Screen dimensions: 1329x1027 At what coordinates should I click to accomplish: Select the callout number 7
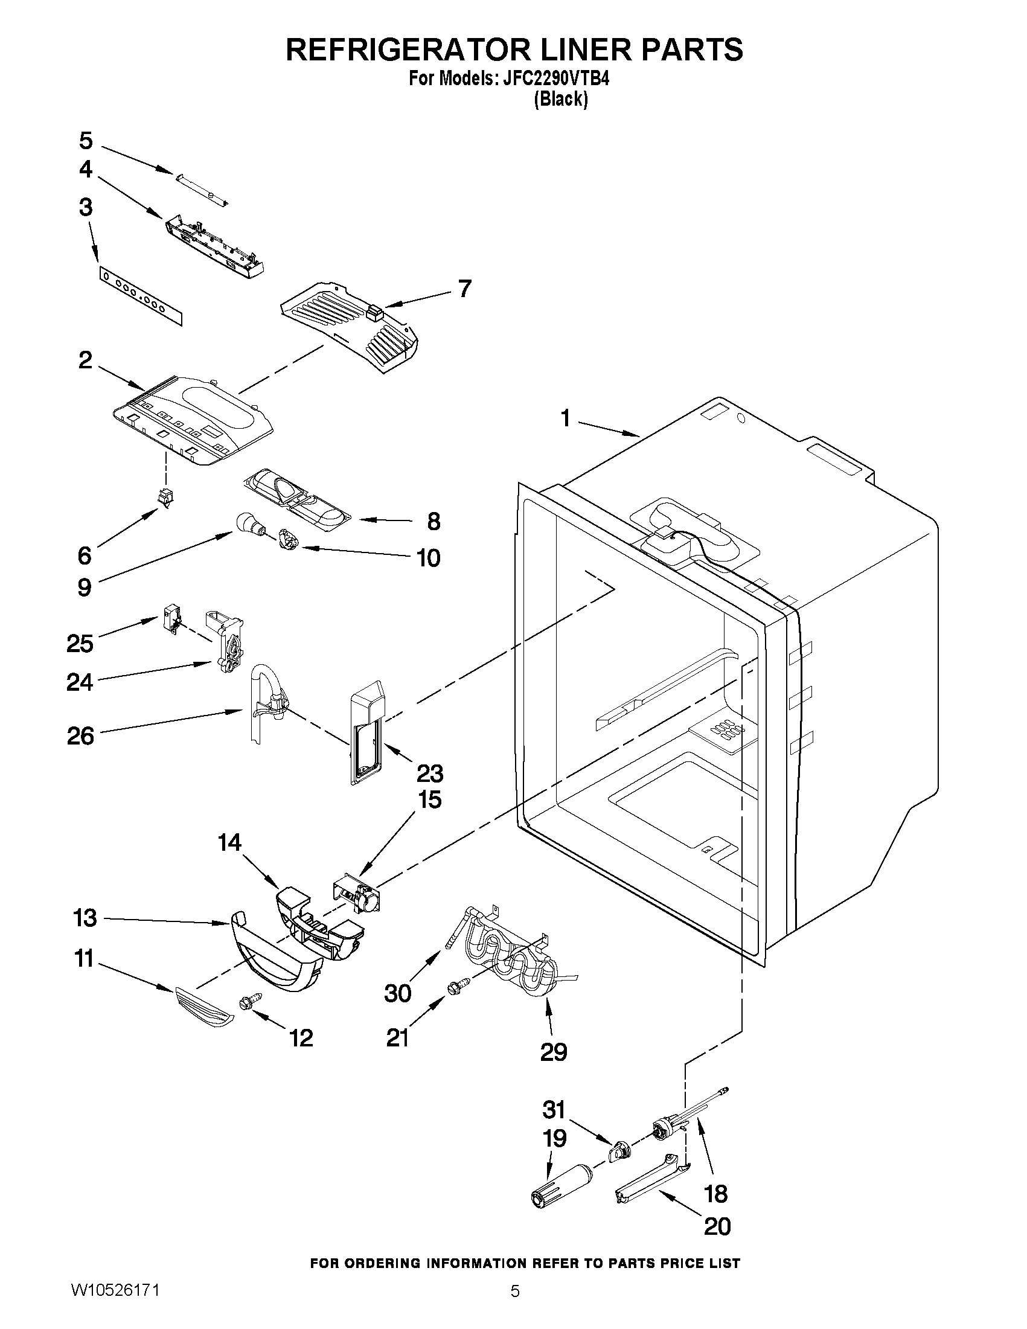[464, 288]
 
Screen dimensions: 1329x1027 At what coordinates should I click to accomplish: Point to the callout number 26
[81, 735]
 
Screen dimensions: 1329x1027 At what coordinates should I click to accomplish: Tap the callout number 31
[554, 1109]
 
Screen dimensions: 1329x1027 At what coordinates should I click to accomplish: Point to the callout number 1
[565, 418]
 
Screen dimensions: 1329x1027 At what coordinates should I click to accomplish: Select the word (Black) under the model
[560, 99]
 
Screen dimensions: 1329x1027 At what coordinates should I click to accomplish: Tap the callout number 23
[429, 773]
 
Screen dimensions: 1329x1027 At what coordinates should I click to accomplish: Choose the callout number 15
[429, 799]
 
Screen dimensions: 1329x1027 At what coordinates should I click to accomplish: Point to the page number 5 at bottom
[515, 1306]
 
